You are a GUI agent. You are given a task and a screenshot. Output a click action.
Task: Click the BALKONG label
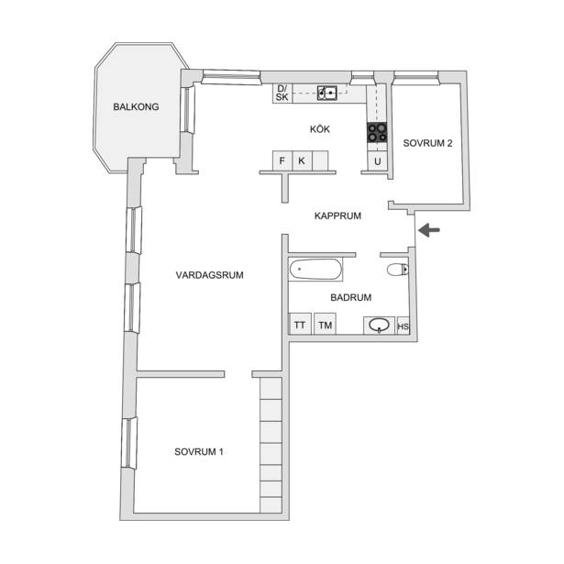point(136,106)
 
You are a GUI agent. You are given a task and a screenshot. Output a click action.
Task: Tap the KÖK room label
point(320,128)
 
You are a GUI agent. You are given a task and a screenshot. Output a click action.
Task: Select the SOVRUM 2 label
point(427,143)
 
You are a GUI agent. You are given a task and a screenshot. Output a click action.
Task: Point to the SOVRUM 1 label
point(199,452)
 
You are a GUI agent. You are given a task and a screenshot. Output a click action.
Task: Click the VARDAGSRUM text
point(210,275)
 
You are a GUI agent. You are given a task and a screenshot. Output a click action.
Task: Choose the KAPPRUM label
point(337,216)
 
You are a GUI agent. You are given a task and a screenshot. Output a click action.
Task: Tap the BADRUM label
point(350,297)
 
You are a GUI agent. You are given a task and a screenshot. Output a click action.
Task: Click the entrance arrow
point(429,230)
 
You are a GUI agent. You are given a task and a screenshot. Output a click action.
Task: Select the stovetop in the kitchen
point(377,132)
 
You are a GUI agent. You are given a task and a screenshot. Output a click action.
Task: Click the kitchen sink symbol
point(327,94)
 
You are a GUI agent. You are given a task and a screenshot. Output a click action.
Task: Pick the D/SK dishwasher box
point(282,94)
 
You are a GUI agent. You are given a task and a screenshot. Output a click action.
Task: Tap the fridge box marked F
point(282,160)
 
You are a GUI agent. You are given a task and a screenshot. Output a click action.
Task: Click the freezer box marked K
point(302,160)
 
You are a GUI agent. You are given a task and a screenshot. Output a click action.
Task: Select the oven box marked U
point(377,161)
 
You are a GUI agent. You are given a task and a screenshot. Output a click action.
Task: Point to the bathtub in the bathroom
point(315,270)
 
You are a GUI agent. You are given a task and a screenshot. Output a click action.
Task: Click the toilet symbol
point(398,269)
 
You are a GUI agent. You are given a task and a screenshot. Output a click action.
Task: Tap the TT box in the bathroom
point(300,324)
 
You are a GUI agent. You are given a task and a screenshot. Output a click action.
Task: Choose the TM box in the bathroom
point(325,324)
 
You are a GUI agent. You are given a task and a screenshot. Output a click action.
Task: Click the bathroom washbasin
point(379,326)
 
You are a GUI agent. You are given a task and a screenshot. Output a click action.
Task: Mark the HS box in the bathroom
point(403,326)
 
